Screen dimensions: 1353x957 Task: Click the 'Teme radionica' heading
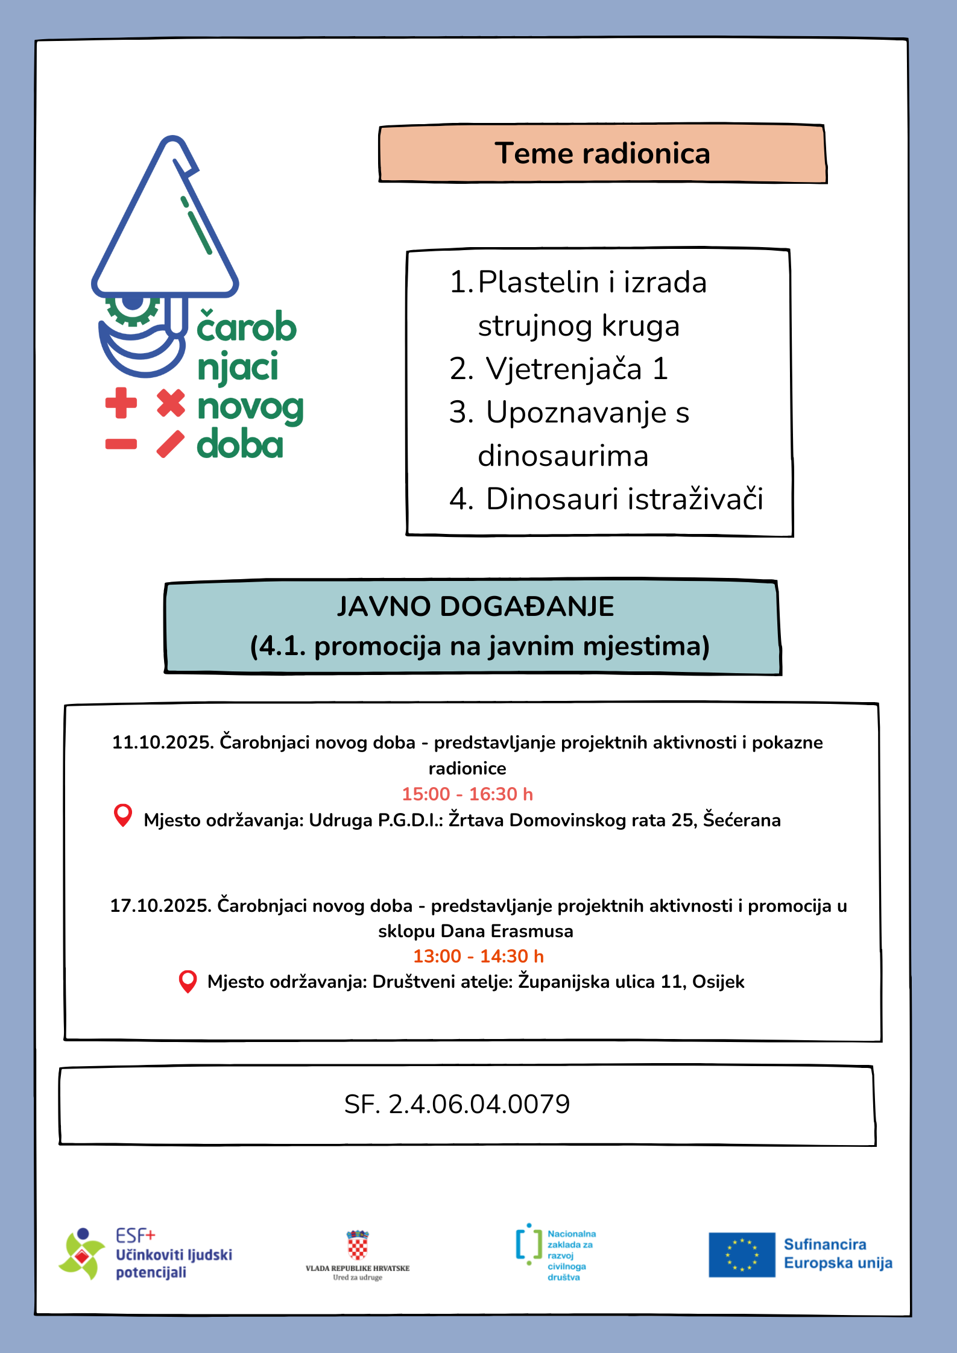click(x=602, y=154)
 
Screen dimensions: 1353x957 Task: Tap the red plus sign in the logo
click(x=121, y=403)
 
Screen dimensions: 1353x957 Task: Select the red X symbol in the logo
click(x=171, y=403)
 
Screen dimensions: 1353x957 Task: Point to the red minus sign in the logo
click(x=121, y=445)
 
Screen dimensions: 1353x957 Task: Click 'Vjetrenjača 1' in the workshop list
click(x=576, y=369)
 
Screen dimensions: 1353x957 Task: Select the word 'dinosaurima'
click(x=563, y=456)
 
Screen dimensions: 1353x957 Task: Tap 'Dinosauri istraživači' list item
click(x=624, y=500)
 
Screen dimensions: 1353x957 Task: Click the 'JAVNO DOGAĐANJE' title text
click(x=475, y=607)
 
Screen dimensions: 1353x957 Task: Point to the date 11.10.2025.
click(x=163, y=742)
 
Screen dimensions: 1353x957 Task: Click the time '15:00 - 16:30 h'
click(x=467, y=794)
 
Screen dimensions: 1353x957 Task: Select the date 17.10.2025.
click(x=160, y=906)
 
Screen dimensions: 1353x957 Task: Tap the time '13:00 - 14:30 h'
click(x=478, y=956)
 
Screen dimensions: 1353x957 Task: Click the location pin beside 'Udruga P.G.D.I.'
click(x=123, y=816)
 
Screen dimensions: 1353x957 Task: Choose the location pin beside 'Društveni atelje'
click(x=188, y=981)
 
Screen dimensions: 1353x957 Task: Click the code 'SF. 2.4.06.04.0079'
click(x=456, y=1105)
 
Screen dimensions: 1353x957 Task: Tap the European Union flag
click(x=741, y=1255)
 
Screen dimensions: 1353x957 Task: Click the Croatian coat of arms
click(x=358, y=1245)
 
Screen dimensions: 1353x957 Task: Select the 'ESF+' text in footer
click(x=136, y=1235)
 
